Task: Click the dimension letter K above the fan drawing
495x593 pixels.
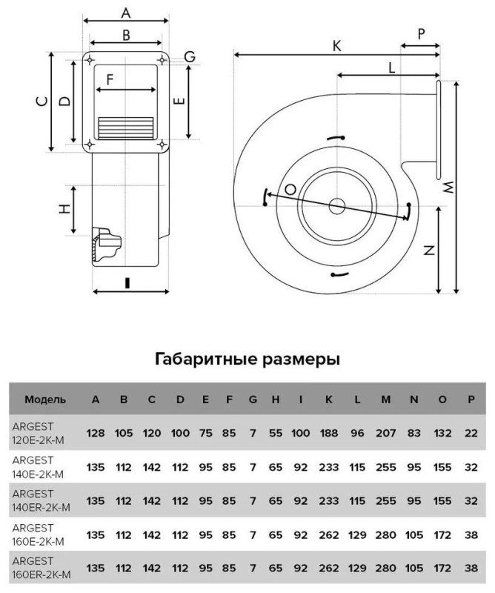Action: point(336,46)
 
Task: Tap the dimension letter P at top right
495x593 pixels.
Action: point(421,34)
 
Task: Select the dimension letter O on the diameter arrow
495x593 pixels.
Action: point(290,189)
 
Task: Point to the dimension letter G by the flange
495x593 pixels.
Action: point(190,57)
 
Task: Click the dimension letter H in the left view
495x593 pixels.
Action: point(65,209)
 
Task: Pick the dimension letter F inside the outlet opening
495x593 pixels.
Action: point(110,80)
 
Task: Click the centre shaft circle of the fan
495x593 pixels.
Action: point(336,206)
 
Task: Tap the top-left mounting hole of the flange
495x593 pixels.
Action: point(90,60)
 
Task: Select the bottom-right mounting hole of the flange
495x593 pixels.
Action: point(162,144)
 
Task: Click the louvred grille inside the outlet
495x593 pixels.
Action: point(125,127)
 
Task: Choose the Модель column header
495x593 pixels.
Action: point(45,400)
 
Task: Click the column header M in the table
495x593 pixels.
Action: point(386,400)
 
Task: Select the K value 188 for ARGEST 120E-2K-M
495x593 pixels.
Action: point(328,433)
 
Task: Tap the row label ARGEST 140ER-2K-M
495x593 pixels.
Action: point(41,500)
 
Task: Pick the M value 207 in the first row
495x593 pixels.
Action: point(386,433)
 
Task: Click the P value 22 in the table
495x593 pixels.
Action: point(471,433)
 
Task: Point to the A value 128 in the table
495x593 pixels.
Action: point(96,433)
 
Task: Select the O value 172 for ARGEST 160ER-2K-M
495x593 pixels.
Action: point(442,568)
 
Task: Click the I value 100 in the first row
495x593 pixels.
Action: point(301,433)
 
